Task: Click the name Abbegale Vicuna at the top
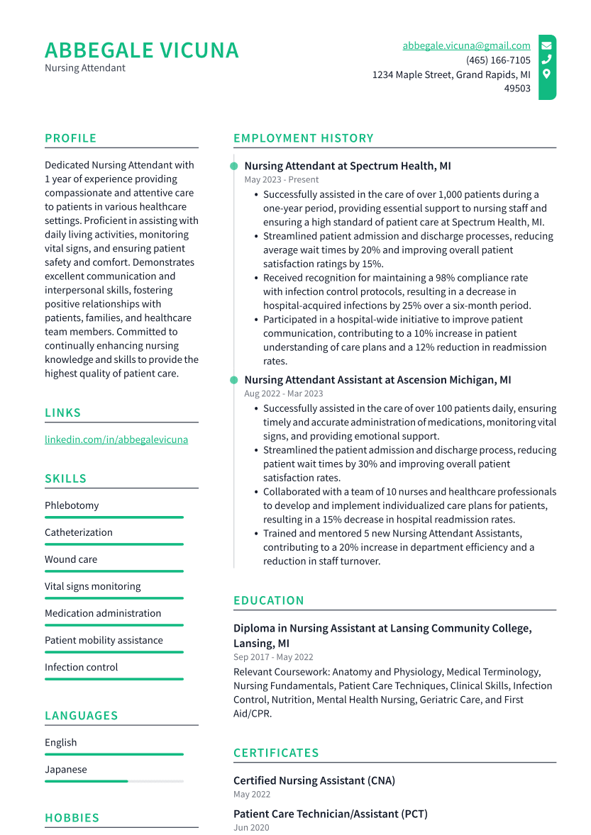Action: [x=142, y=50]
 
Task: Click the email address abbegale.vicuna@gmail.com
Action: [x=466, y=45]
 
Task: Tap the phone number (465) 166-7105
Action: [x=498, y=60]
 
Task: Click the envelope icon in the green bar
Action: [x=546, y=45]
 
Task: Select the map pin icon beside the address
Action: [x=546, y=74]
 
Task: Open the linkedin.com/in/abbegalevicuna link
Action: [x=116, y=439]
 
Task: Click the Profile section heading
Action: [x=70, y=138]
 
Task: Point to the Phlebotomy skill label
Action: [x=72, y=505]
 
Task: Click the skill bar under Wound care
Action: [x=114, y=571]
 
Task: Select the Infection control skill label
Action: [x=81, y=667]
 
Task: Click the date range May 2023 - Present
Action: [x=282, y=180]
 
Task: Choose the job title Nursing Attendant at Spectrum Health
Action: [x=347, y=166]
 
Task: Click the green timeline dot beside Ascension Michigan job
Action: [x=234, y=380]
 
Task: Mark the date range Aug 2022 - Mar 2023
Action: [x=283, y=393]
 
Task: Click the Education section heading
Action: [x=268, y=600]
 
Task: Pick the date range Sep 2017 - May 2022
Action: [x=273, y=657]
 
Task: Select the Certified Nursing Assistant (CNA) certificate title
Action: [x=314, y=780]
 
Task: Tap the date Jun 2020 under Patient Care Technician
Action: [x=251, y=828]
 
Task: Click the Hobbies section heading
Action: [x=72, y=818]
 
